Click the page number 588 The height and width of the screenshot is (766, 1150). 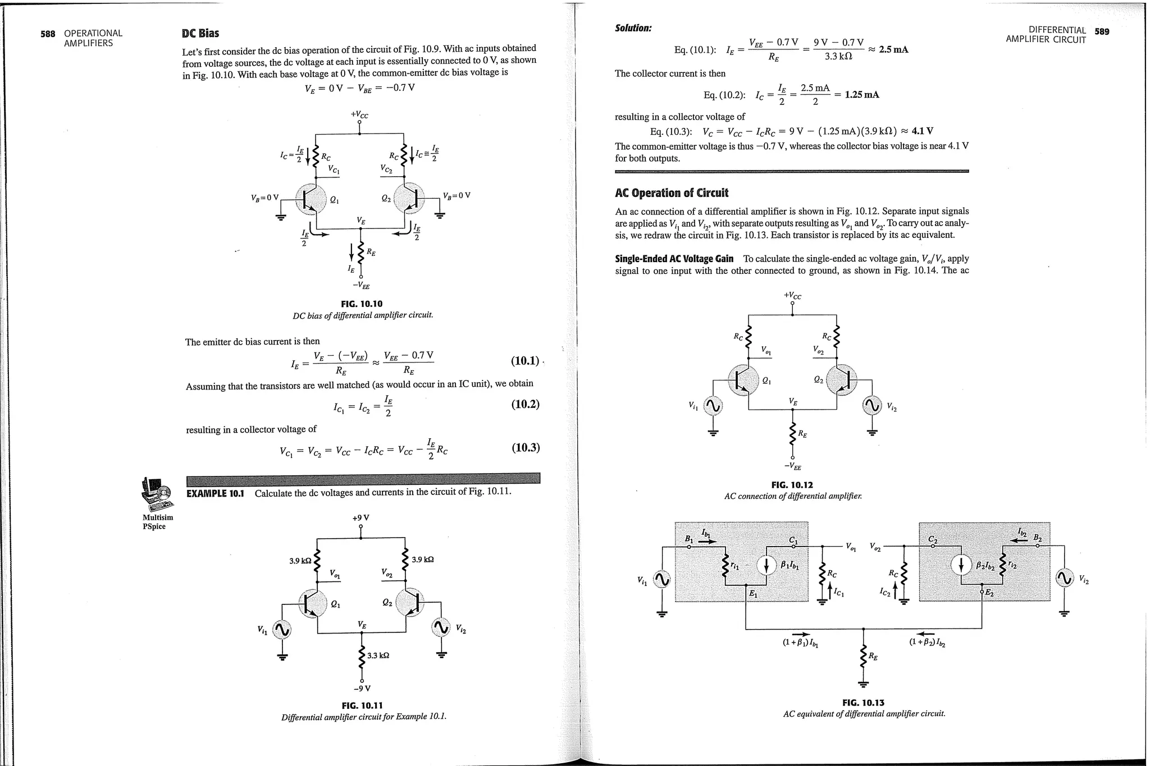[x=48, y=34]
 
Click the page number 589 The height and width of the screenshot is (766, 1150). [x=1102, y=31]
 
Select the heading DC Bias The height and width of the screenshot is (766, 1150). [x=200, y=34]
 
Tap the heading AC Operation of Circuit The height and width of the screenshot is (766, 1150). [x=671, y=193]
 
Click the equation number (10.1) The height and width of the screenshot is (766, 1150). [x=524, y=360]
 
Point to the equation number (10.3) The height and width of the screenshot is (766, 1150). [x=525, y=447]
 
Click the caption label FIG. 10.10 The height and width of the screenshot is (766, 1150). [x=362, y=304]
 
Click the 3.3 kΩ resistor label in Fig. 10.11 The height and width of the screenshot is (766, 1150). [x=378, y=655]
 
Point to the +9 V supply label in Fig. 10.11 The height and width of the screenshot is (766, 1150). [x=360, y=517]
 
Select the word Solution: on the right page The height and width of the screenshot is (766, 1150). [x=633, y=28]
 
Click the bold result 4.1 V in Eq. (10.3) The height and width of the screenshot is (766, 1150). [x=922, y=131]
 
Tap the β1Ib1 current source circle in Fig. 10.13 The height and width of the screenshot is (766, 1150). [x=767, y=565]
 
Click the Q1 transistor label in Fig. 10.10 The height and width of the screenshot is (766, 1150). [x=334, y=199]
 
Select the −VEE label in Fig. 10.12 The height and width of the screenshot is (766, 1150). [x=792, y=466]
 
